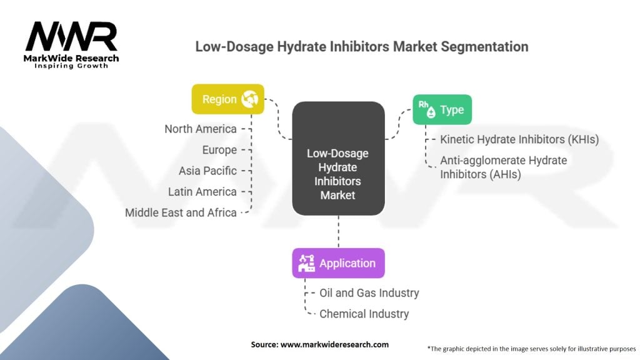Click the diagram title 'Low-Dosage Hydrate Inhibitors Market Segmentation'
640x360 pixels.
[x=362, y=47]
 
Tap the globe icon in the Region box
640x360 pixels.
[x=250, y=99]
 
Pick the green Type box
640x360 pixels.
[x=442, y=110]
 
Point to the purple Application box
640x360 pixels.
[x=338, y=263]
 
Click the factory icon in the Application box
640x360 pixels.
[x=306, y=263]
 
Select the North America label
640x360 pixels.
[x=201, y=129]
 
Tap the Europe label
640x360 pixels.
[x=219, y=150]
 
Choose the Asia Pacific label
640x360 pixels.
[x=207, y=171]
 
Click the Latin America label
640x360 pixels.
[x=202, y=191]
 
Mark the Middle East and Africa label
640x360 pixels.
[x=181, y=212]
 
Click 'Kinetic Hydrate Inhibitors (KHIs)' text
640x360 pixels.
[x=519, y=139]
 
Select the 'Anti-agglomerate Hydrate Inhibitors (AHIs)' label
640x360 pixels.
[x=503, y=167]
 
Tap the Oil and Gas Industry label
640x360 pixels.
[x=369, y=292]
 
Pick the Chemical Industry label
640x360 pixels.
[x=364, y=314]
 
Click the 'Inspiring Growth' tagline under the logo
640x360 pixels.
[x=71, y=66]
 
